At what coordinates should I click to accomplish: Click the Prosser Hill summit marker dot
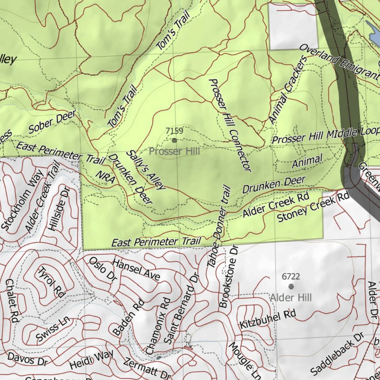(x=174, y=140)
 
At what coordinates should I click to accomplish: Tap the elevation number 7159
(x=174, y=131)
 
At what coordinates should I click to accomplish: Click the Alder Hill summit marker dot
(x=291, y=286)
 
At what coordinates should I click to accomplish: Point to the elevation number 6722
(x=291, y=276)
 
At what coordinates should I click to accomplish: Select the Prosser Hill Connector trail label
(x=230, y=125)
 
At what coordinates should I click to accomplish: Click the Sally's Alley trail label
(x=145, y=170)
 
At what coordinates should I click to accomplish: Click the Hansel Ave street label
(x=136, y=270)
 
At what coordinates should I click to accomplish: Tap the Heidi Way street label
(x=91, y=360)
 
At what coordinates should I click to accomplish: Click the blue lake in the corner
(x=373, y=30)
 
